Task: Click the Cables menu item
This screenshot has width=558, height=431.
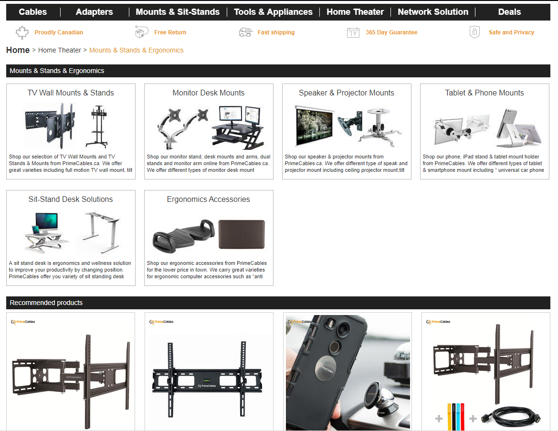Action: point(33,12)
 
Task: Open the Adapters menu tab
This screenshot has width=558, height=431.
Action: point(95,12)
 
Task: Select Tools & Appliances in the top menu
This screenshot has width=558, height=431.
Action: point(274,12)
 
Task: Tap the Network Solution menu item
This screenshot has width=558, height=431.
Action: point(433,12)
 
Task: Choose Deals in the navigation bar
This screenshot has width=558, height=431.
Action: point(509,12)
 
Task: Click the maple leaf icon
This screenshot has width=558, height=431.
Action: point(22,32)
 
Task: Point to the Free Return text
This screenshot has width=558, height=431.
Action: point(170,32)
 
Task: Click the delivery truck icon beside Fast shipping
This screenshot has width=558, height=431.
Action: point(245,32)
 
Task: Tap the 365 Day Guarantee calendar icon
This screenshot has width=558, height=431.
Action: point(353,33)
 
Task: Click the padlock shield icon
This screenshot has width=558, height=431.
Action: point(474,32)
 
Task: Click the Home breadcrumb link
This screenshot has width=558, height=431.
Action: point(18,50)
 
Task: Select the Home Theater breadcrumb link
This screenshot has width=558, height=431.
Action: point(60,50)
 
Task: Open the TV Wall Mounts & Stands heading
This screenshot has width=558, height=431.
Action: point(71,93)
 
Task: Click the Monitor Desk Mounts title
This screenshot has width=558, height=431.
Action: point(209,93)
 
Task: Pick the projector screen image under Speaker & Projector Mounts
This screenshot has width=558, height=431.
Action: point(315,126)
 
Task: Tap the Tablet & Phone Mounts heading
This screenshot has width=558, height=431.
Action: point(484,93)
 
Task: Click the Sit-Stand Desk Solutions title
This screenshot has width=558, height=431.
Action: point(71,200)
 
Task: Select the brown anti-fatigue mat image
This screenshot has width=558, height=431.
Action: point(242,234)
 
